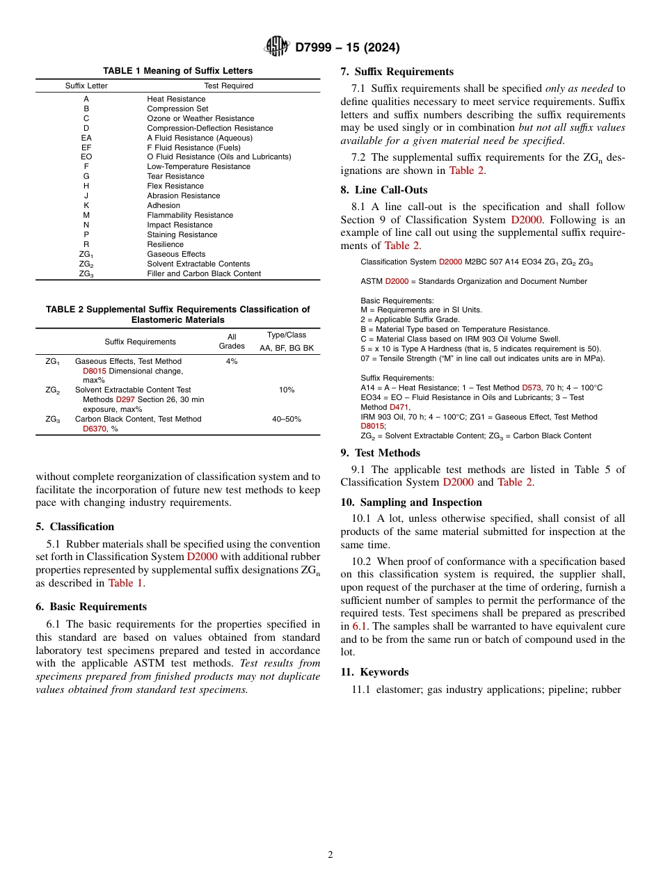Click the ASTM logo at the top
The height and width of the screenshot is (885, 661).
pyautogui.click(x=277, y=47)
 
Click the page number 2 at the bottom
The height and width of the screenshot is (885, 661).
pyautogui.click(x=330, y=855)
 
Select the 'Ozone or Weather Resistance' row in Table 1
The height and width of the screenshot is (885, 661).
pyautogui.click(x=200, y=118)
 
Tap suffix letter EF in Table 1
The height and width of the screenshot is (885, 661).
pyautogui.click(x=86, y=147)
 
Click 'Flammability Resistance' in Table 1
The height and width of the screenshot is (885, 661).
pyautogui.click(x=190, y=215)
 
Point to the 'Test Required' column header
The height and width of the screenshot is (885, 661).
pyautogui.click(x=228, y=86)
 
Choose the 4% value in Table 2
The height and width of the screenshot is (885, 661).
pyautogui.click(x=232, y=362)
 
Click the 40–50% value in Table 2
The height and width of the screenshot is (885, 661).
pyautogui.click(x=286, y=420)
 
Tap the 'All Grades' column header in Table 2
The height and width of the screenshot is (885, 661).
pyautogui.click(x=232, y=342)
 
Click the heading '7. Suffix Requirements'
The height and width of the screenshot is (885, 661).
pyautogui.click(x=397, y=72)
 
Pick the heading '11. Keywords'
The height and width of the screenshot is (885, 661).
pyautogui.click(x=374, y=672)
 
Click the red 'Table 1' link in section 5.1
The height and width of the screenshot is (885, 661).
pyautogui.click(x=125, y=583)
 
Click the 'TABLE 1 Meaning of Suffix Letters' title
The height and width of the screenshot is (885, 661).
pyautogui.click(x=178, y=71)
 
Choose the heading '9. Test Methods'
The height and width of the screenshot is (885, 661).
pyautogui.click(x=380, y=453)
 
